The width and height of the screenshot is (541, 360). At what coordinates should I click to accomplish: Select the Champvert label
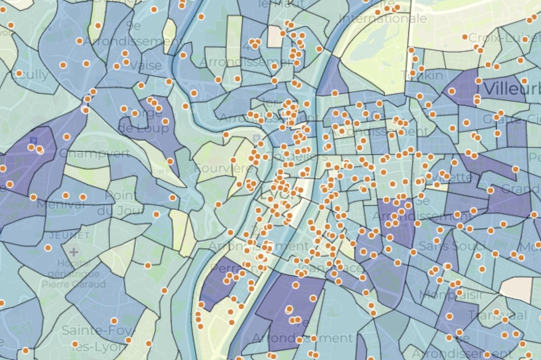coord(95,154)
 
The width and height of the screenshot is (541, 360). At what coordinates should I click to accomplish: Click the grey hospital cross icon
coord(74,251)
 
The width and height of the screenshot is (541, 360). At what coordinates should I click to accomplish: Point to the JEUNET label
coord(69,236)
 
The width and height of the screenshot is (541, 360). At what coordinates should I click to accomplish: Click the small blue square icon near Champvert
coord(33,140)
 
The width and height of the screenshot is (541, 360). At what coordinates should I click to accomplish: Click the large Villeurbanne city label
coord(511,88)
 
